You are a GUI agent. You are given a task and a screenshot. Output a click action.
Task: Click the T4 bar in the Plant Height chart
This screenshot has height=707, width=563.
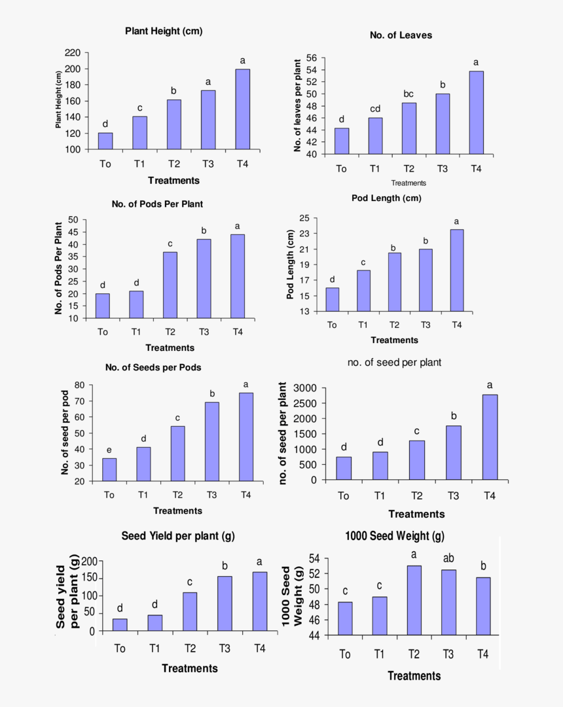point(242,109)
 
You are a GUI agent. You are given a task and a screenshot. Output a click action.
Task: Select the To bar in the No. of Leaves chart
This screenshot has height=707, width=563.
point(342,141)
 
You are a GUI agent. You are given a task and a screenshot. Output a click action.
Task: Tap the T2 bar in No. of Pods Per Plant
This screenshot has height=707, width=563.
point(170,285)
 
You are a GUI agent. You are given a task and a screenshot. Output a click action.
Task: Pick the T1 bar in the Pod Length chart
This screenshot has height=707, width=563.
point(363,291)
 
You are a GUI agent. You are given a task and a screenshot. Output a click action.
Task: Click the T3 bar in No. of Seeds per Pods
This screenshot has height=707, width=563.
point(212,442)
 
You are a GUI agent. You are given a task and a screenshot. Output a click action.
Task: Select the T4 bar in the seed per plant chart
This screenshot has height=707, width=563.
point(490,437)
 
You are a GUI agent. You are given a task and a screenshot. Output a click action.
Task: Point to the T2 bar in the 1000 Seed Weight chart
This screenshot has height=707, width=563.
point(414,600)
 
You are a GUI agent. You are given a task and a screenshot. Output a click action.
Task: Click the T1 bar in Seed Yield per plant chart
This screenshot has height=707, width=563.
point(155,623)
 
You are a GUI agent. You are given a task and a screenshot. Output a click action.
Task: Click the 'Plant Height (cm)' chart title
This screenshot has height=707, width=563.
point(164,31)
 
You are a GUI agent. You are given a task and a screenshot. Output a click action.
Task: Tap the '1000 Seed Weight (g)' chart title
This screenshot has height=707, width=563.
point(394,536)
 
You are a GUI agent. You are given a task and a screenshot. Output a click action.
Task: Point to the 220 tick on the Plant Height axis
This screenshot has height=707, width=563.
point(73,53)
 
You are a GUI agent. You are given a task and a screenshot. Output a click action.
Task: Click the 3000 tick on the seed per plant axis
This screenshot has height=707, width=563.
point(304,388)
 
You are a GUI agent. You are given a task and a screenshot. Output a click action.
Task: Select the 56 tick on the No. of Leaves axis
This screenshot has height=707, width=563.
point(312,58)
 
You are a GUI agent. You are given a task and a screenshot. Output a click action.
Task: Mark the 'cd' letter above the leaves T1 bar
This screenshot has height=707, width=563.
point(375,109)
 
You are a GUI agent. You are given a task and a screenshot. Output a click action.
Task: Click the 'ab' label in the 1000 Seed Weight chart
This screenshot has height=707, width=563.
point(448,558)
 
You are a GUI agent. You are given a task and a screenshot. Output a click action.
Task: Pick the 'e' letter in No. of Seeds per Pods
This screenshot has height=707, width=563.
point(109,450)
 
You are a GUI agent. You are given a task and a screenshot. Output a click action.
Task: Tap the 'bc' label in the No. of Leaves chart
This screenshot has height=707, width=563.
point(409,94)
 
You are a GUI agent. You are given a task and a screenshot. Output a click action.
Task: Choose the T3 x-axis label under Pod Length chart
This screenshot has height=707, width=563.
point(426,325)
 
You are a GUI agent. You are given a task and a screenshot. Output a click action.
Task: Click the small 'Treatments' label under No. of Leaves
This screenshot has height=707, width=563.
point(409,183)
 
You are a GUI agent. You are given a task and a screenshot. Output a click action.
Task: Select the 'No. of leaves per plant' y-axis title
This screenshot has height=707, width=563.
point(297,105)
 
